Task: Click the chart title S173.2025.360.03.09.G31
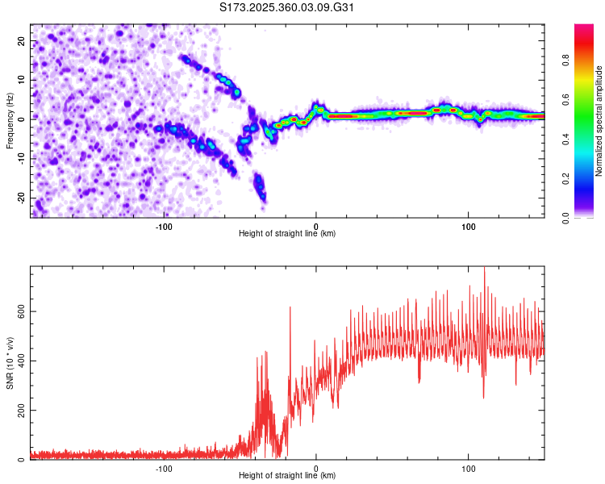(287, 8)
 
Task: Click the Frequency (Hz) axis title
(10, 119)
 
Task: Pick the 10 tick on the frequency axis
(22, 79)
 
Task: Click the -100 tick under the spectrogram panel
(164, 227)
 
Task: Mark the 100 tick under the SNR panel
(468, 469)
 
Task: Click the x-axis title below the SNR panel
(287, 476)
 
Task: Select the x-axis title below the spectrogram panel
(287, 234)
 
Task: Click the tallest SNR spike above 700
(484, 269)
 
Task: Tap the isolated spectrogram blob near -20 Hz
(260, 188)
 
